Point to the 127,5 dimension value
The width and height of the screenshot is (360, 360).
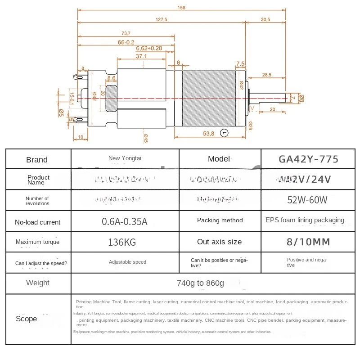161,19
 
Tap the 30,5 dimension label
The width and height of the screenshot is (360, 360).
265,19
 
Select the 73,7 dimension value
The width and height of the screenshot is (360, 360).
126,33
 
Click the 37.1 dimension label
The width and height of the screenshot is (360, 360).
141,56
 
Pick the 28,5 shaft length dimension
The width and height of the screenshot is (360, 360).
266,75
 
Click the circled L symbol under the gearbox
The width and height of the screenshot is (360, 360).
224,133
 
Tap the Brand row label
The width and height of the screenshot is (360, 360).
37,160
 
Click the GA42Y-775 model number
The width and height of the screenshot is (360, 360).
309,159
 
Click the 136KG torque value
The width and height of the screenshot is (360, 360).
122,242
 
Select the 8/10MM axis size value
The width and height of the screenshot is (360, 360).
309,242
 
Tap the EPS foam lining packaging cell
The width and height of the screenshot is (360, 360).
305,220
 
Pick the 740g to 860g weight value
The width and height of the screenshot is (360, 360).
201,283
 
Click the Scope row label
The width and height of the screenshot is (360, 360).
27,319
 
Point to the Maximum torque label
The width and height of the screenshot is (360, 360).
37,242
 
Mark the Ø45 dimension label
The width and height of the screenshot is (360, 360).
146,138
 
